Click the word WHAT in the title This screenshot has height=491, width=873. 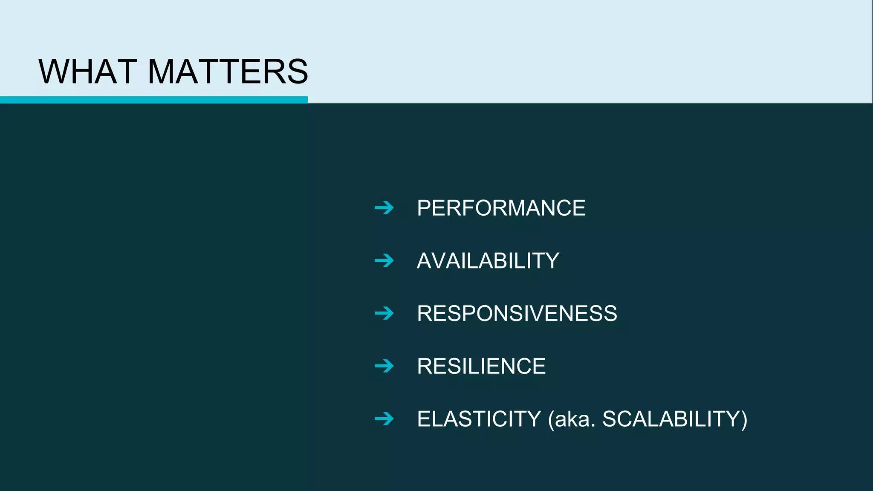[88, 72]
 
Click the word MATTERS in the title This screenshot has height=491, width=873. [227, 72]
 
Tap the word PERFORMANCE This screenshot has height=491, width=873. [501, 208]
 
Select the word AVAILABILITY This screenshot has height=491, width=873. [488, 261]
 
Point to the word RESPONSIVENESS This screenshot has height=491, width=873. [517, 314]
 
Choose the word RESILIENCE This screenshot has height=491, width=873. [481, 366]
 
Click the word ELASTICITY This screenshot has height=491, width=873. [479, 419]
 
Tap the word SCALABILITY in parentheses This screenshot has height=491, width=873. [671, 419]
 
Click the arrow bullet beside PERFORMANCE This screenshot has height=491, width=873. [384, 208]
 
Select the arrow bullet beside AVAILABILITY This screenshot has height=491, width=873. [384, 261]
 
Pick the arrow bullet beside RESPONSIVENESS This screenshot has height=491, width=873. [384, 314]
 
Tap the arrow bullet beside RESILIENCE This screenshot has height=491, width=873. [384, 366]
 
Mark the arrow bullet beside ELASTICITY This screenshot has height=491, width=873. [384, 419]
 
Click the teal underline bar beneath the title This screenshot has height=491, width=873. [153, 100]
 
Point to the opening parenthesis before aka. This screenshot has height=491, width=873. [551, 420]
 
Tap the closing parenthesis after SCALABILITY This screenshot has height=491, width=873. [744, 420]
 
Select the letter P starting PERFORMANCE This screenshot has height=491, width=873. [425, 208]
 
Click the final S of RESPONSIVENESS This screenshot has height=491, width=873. [610, 314]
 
